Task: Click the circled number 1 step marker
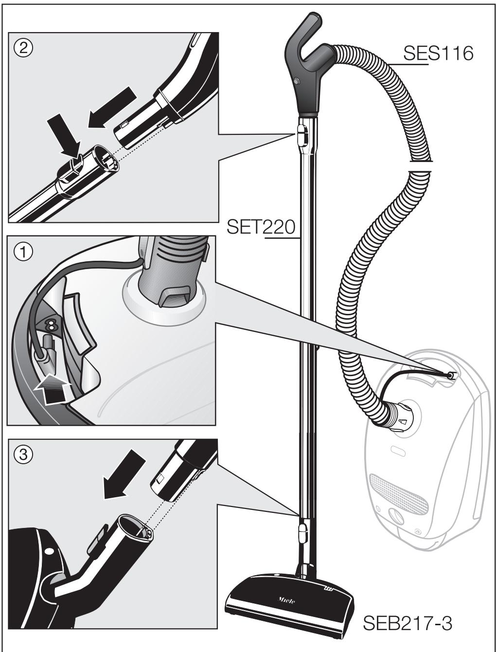pos(23,253)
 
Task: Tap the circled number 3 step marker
pos(23,455)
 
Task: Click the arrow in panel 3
pos(124,474)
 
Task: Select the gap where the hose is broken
pos(419,166)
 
